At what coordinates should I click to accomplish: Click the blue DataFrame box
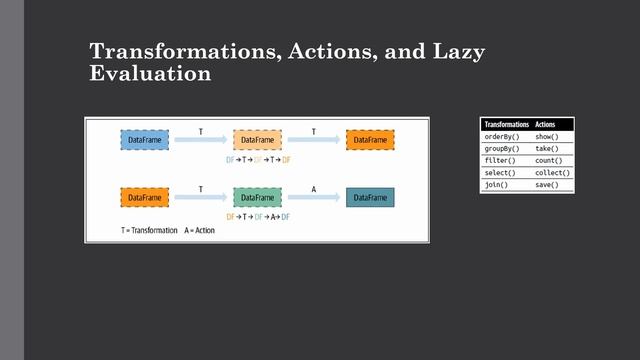pos(145,140)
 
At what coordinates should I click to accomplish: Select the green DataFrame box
pos(258,198)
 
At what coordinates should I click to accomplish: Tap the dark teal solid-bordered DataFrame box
pos(370,198)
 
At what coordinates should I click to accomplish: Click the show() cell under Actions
pos(553,136)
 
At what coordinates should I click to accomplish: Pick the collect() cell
pos(553,173)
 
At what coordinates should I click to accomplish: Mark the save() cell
pos(553,185)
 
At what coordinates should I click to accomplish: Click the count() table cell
pos(553,160)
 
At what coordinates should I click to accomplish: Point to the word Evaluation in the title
pos(150,75)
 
